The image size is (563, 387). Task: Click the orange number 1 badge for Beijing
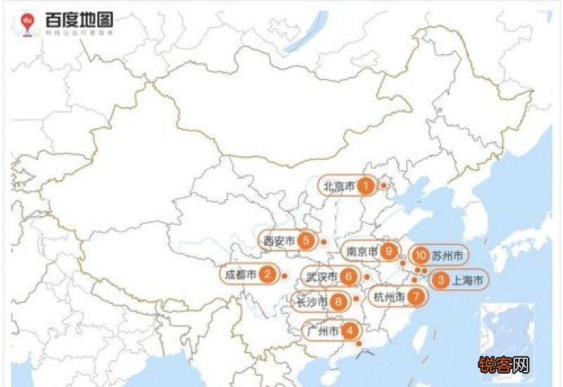coord(365,186)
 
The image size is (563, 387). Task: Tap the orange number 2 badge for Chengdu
coord(267,274)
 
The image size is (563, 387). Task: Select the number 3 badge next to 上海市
coord(441,280)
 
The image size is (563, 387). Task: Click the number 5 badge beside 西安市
coord(305,241)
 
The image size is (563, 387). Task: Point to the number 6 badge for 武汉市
coord(349,277)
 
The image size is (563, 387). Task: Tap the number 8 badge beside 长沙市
coord(339,303)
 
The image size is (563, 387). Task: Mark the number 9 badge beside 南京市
coord(389,250)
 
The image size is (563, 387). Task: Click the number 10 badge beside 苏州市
coord(421,255)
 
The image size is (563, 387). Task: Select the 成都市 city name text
coord(240,274)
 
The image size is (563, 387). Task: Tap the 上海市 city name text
coord(467,280)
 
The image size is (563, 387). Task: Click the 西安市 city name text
coord(279,241)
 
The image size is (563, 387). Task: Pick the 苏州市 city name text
coord(448,255)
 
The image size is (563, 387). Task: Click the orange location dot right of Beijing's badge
coord(384,186)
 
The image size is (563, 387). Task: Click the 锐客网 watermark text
coord(503,364)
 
